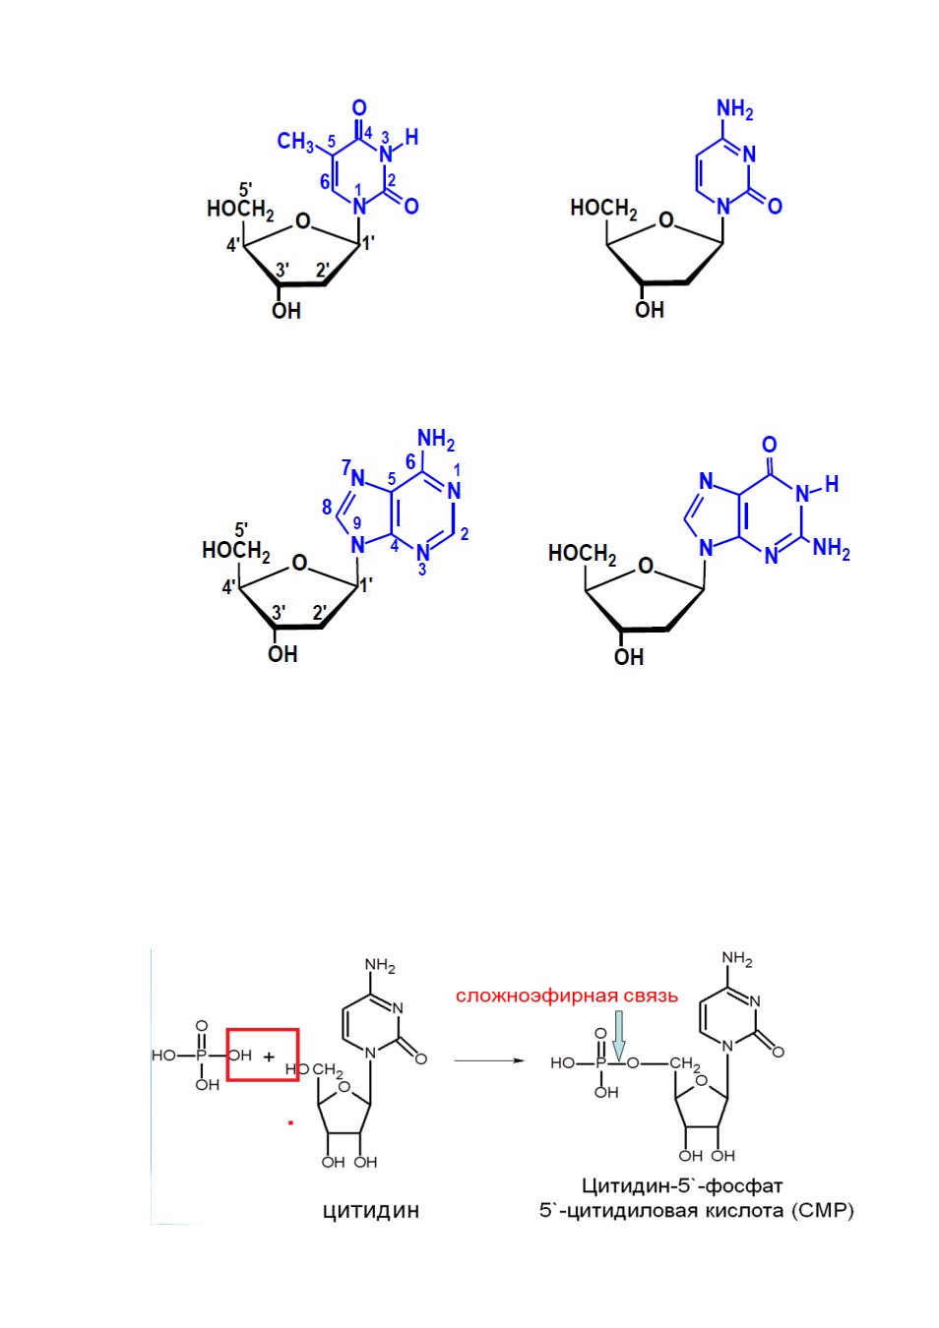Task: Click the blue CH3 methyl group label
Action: (x=295, y=142)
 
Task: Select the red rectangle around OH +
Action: (x=263, y=1055)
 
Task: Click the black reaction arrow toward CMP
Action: (x=489, y=1060)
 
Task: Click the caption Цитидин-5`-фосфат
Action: (x=682, y=1185)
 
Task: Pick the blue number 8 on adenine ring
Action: (x=327, y=507)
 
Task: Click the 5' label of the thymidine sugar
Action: (x=245, y=190)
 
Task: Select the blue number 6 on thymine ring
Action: (x=325, y=182)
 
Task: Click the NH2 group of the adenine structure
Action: (x=436, y=440)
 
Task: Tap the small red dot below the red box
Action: (x=290, y=1122)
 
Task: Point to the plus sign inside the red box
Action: (x=270, y=1056)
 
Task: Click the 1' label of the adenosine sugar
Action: (x=366, y=585)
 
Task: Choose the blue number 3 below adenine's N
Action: (x=421, y=571)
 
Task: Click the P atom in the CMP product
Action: (x=600, y=1063)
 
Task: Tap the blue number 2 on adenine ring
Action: (x=465, y=534)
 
